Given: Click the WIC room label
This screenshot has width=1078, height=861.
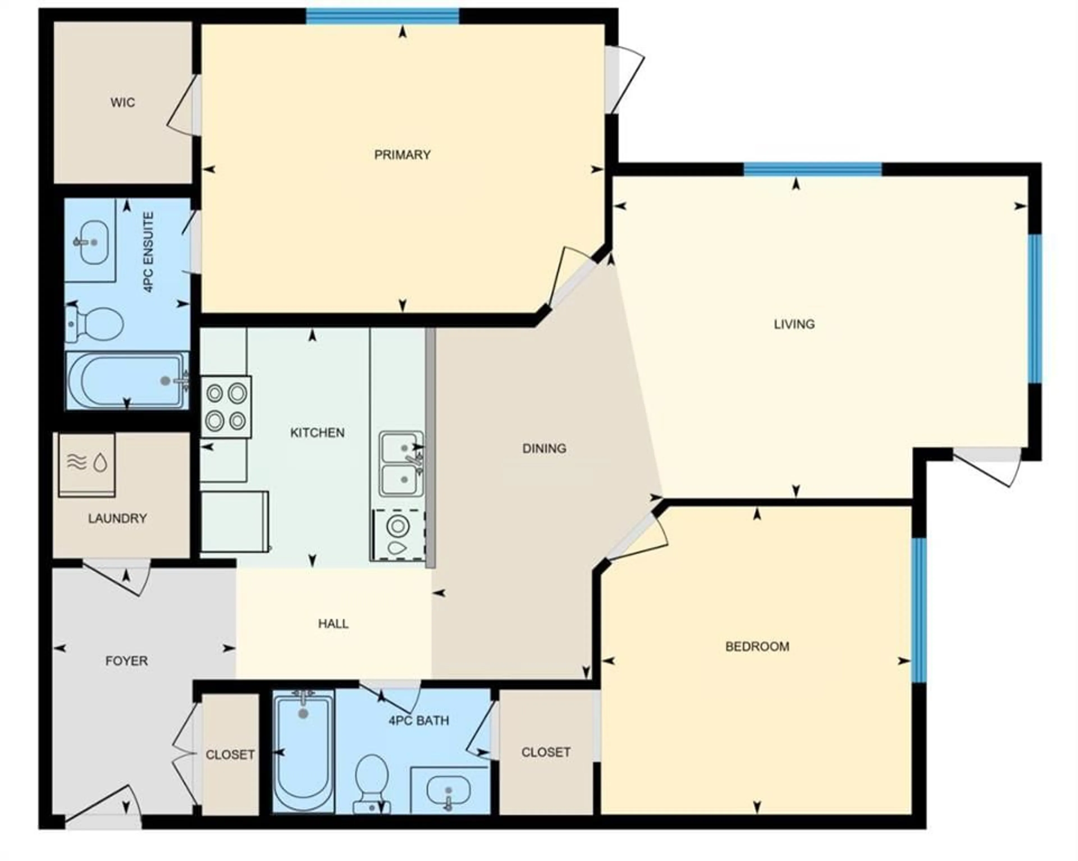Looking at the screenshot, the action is click(122, 102).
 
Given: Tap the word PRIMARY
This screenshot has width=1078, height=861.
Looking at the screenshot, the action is click(403, 154).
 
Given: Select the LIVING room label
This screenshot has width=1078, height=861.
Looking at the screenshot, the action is click(794, 324).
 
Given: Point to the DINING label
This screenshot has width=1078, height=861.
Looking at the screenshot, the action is click(544, 448).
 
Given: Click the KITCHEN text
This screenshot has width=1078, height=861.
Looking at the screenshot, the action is click(317, 432).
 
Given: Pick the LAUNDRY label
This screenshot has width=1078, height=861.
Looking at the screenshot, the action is click(118, 518).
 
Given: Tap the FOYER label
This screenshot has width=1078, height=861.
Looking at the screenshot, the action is click(127, 661).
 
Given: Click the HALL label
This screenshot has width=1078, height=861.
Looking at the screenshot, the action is click(333, 623).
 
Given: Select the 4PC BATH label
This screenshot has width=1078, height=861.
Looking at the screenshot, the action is click(419, 720).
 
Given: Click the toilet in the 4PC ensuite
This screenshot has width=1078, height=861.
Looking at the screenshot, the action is click(95, 324).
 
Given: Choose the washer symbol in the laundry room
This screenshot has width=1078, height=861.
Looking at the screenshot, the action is click(87, 465).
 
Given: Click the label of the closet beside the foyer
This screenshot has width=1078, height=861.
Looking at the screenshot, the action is click(230, 755).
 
